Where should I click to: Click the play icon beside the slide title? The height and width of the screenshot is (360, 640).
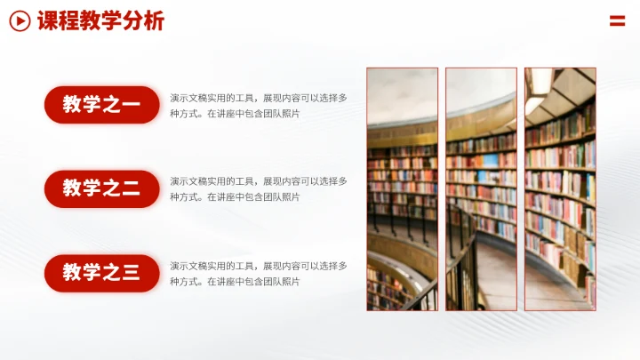pyautogui.click(x=20, y=20)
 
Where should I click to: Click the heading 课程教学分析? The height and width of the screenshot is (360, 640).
pyautogui.click(x=100, y=20)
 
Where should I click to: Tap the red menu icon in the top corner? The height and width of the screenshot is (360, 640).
pyautogui.click(x=617, y=20)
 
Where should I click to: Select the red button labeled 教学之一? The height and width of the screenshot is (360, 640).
pyautogui.click(x=101, y=105)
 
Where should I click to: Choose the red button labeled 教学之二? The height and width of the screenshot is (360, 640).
pyautogui.click(x=101, y=188)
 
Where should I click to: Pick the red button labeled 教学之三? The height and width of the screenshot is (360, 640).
pyautogui.click(x=101, y=273)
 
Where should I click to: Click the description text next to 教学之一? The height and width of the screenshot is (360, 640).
pyautogui.click(x=258, y=106)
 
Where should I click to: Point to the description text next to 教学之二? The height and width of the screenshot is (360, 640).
pyautogui.click(x=258, y=188)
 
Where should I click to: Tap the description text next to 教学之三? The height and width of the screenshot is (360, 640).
pyautogui.click(x=258, y=273)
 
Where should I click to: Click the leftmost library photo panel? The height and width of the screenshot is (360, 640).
pyautogui.click(x=402, y=188)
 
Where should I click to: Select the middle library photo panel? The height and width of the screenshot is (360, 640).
pyautogui.click(x=481, y=188)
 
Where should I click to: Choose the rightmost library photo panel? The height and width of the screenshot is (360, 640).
pyautogui.click(x=560, y=188)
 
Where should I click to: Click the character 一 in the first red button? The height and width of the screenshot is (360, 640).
pyautogui.click(x=131, y=106)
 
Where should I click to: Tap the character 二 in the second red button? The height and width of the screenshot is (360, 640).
pyautogui.click(x=131, y=188)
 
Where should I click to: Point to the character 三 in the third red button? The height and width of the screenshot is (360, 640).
pyautogui.click(x=131, y=273)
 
